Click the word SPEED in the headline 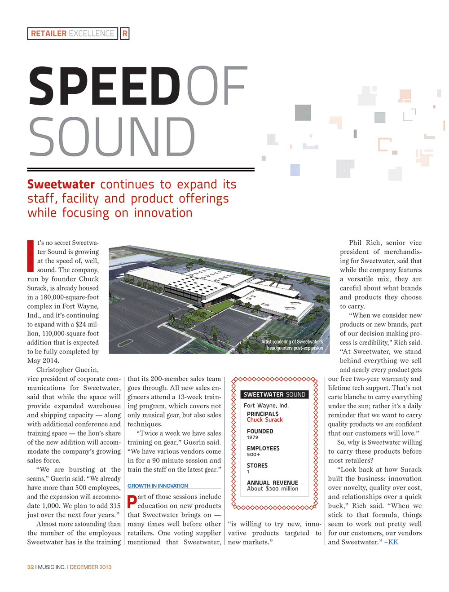pyautogui.click(x=104, y=86)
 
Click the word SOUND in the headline pyautogui.click(x=112, y=137)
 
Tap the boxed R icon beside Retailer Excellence pyautogui.click(x=125, y=34)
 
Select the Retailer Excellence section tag pyautogui.click(x=73, y=34)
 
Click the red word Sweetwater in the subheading pyautogui.click(x=61, y=184)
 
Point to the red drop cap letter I pyautogui.click(x=31, y=256)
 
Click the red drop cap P pyautogui.click(x=132, y=502)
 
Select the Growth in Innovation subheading pyautogui.click(x=158, y=486)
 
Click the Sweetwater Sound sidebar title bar pyautogui.click(x=274, y=394)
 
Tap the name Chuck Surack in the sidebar pyautogui.click(x=265, y=420)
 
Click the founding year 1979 pyautogui.click(x=252, y=437)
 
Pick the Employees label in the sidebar pyautogui.click(x=263, y=448)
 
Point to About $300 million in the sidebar pyautogui.click(x=273, y=489)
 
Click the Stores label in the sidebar pyautogui.click(x=257, y=466)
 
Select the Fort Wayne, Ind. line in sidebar pyautogui.click(x=266, y=405)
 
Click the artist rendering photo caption pyautogui.click(x=292, y=345)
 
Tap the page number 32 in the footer pyautogui.click(x=31, y=567)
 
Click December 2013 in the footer pyautogui.click(x=91, y=567)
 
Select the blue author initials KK pyautogui.click(x=393, y=542)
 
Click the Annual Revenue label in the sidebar pyautogui.click(x=273, y=483)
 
